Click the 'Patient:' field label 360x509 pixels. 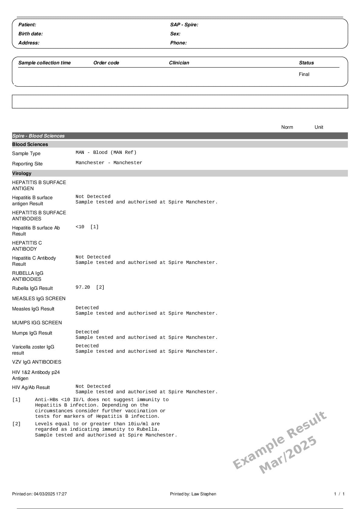pyautogui.click(x=27, y=25)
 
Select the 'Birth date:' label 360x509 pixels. pyautogui.click(x=31, y=34)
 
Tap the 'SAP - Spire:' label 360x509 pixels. pyautogui.click(x=184, y=25)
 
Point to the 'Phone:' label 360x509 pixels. pyautogui.click(x=178, y=43)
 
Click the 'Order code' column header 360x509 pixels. pyautogui.click(x=106, y=63)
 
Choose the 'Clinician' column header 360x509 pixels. pyautogui.click(x=179, y=63)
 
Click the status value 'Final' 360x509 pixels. pyautogui.click(x=304, y=74)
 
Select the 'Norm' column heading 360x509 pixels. pyautogui.click(x=287, y=127)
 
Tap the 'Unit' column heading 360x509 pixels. pyautogui.click(x=319, y=127)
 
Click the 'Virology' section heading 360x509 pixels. pyautogui.click(x=22, y=173)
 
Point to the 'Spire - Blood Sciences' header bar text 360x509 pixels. pyautogui.click(x=38, y=136)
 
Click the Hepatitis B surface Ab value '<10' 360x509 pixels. pyautogui.click(x=80, y=227)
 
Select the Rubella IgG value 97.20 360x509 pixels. pyautogui.click(x=83, y=287)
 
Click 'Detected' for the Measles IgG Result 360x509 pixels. pyautogui.click(x=87, y=308)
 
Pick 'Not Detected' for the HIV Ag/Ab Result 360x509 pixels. pyautogui.click(x=93, y=387)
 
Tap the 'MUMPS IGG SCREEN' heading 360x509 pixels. pyautogui.click(x=37, y=323)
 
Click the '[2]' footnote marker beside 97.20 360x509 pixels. pyautogui.click(x=100, y=287)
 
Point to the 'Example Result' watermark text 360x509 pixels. pyautogui.click(x=280, y=440)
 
